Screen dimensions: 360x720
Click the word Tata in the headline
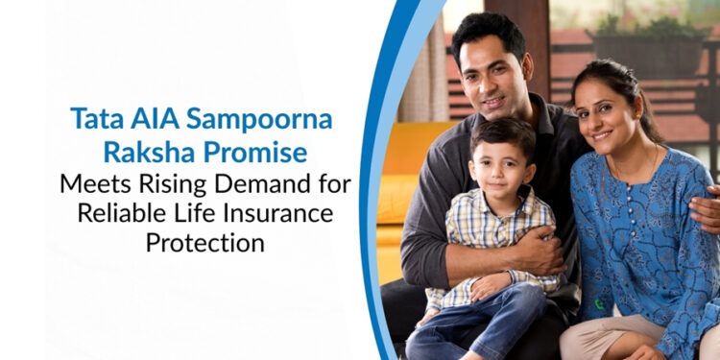[x=93, y=118]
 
